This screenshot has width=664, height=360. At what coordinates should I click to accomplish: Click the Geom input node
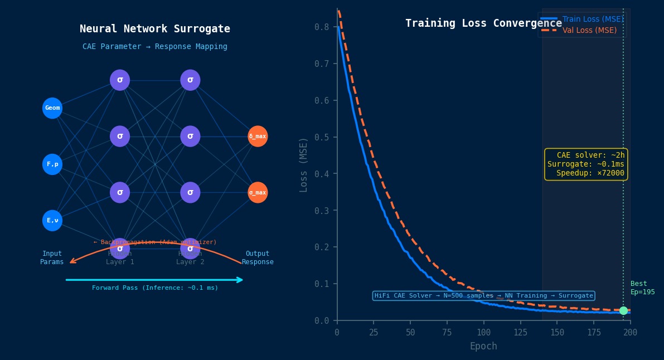click(52, 108)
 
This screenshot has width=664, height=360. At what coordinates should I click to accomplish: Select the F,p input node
click(52, 164)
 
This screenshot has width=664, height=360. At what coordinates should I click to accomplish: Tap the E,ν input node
click(52, 221)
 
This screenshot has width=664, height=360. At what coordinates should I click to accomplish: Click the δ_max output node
click(258, 137)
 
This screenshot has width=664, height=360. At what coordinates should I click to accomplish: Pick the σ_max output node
click(258, 193)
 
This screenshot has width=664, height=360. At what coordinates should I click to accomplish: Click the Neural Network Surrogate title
click(155, 29)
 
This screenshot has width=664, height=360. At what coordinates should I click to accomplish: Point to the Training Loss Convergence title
click(483, 23)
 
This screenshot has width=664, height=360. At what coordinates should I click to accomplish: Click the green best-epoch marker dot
click(623, 311)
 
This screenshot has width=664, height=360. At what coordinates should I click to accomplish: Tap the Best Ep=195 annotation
click(642, 288)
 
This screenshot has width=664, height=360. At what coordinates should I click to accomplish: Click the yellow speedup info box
click(586, 164)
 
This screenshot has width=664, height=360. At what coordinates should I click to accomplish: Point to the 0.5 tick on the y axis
click(322, 138)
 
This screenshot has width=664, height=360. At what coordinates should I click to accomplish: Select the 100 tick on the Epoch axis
click(483, 333)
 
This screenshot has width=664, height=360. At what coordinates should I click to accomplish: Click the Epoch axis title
click(483, 346)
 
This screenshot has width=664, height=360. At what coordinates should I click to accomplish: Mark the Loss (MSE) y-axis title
click(304, 164)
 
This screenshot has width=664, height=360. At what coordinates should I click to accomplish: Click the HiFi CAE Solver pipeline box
click(483, 296)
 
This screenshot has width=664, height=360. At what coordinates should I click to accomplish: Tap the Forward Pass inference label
click(155, 288)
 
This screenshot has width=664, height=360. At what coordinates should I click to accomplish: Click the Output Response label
click(258, 258)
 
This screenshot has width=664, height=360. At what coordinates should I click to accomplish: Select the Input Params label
click(52, 258)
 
